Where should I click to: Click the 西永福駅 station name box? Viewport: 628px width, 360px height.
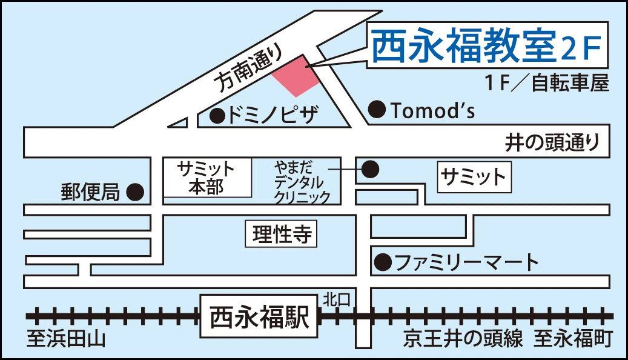pos(260,317)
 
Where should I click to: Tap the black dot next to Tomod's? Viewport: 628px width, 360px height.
pos(377,110)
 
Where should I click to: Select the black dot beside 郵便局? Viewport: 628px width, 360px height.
pos(135,193)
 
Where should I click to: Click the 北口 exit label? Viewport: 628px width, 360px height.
pos(336,298)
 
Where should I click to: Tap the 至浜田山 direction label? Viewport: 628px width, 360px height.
pos(66,339)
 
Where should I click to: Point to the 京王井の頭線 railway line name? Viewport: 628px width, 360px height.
pos(463,339)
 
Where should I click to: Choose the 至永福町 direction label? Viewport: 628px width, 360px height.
pos(572,339)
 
